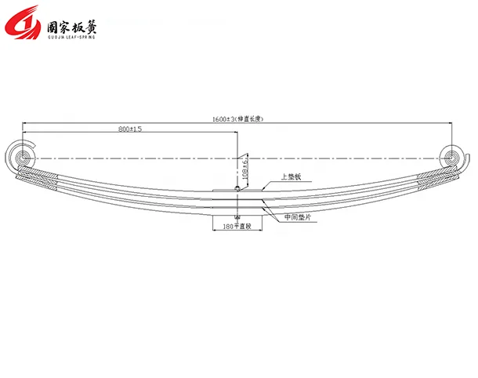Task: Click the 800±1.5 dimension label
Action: tap(130, 129)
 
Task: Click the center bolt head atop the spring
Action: tap(237, 188)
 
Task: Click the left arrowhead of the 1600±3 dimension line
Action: tap(26, 123)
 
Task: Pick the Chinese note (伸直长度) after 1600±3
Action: tap(250, 118)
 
